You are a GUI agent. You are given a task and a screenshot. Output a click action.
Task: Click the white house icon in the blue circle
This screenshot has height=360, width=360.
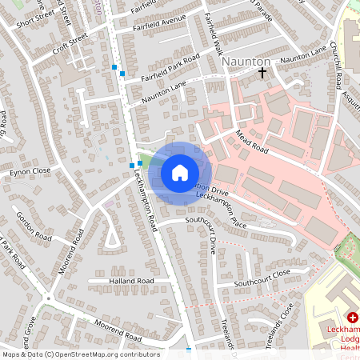[179, 172]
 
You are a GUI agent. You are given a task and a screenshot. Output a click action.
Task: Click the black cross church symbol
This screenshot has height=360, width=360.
[262, 73]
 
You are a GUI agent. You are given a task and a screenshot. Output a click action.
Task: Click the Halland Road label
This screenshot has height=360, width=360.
[131, 282]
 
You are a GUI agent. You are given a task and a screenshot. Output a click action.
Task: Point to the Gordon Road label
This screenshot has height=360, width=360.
[34, 228]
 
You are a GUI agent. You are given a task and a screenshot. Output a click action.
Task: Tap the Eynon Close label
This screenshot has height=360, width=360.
[30, 171]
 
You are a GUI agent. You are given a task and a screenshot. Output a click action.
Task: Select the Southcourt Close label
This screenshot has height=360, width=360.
[262, 278]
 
